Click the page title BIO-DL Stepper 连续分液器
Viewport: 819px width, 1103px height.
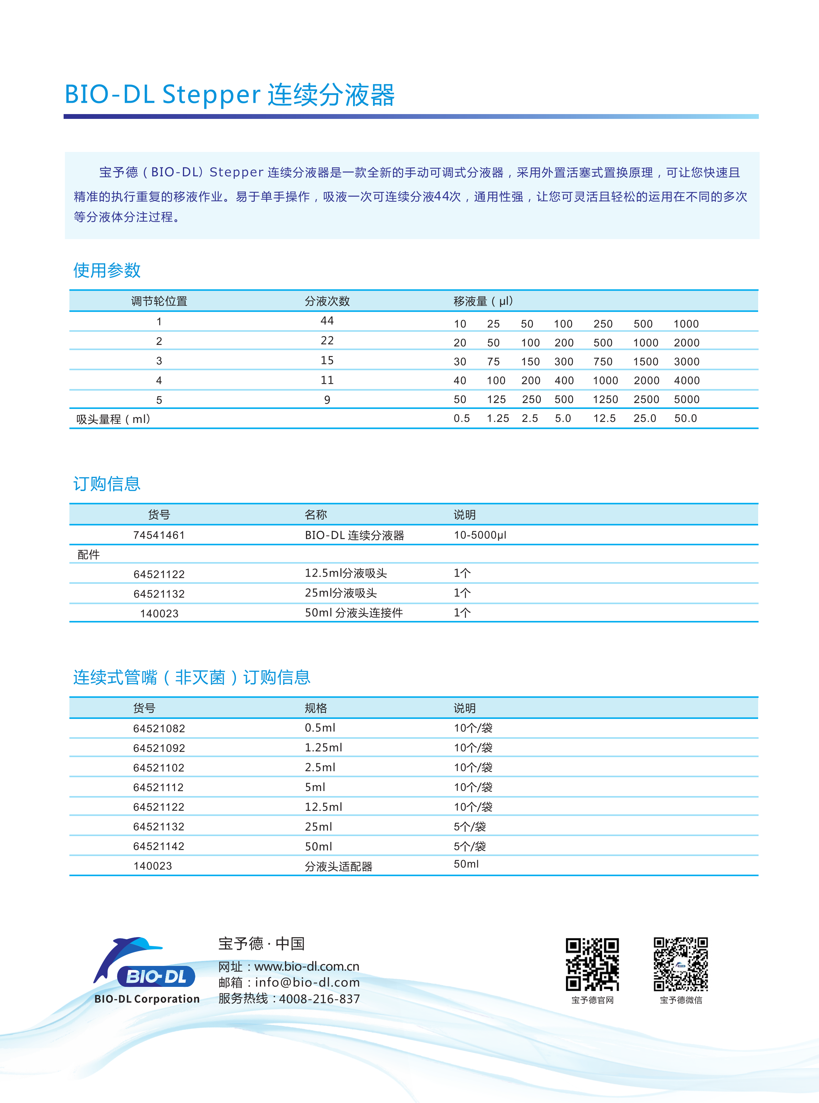click(x=230, y=94)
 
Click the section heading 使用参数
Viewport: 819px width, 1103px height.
click(x=107, y=270)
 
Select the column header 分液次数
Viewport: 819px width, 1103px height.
click(x=327, y=301)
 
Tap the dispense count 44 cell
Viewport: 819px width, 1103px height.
click(x=327, y=321)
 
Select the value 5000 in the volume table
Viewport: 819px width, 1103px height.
click(x=687, y=399)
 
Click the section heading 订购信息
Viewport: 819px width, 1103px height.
click(x=107, y=483)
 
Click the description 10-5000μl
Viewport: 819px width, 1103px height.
click(x=480, y=535)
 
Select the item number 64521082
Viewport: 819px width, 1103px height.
click(x=159, y=728)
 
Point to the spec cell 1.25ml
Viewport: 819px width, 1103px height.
click(x=323, y=747)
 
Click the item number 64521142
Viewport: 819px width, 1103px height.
click(x=159, y=846)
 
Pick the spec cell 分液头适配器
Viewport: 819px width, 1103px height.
click(x=339, y=866)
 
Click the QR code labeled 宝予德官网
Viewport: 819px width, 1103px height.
click(x=592, y=964)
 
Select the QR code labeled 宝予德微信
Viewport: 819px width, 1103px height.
click(x=681, y=964)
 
